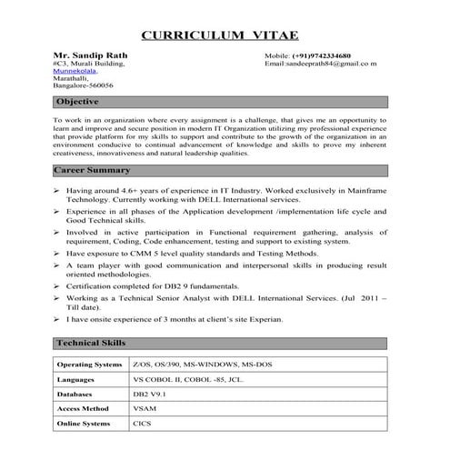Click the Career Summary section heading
(93, 170)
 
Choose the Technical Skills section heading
(91, 343)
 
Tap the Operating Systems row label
(89, 364)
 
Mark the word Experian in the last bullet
(265, 319)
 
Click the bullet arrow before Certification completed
(58, 285)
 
